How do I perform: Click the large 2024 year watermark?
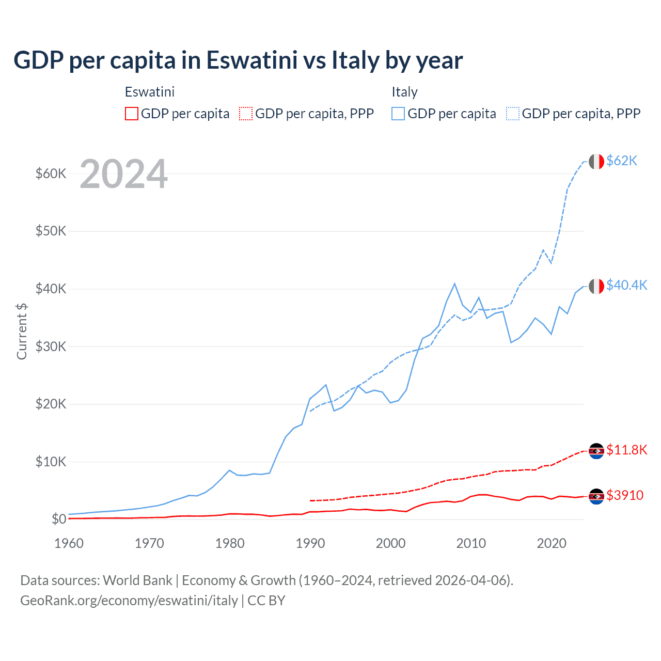(123, 175)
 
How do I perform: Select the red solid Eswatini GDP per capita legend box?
(132, 114)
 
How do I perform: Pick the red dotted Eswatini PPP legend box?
(246, 114)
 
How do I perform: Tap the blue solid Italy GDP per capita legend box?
(398, 114)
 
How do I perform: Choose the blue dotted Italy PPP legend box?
(513, 114)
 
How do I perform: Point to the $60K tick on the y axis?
(51, 174)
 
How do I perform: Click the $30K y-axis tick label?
(51, 347)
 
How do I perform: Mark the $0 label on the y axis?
(58, 519)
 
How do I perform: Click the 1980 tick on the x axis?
(230, 543)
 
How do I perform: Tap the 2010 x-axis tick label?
(471, 543)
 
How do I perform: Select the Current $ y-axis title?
(22, 332)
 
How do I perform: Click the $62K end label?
(622, 161)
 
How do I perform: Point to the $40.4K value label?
(626, 286)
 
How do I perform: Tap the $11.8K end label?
(626, 450)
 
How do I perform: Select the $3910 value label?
(625, 496)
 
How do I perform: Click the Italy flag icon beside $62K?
(596, 162)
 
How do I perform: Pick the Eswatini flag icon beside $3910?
(596, 496)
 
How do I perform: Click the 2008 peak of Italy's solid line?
(454, 284)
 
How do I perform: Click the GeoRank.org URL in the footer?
(129, 601)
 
